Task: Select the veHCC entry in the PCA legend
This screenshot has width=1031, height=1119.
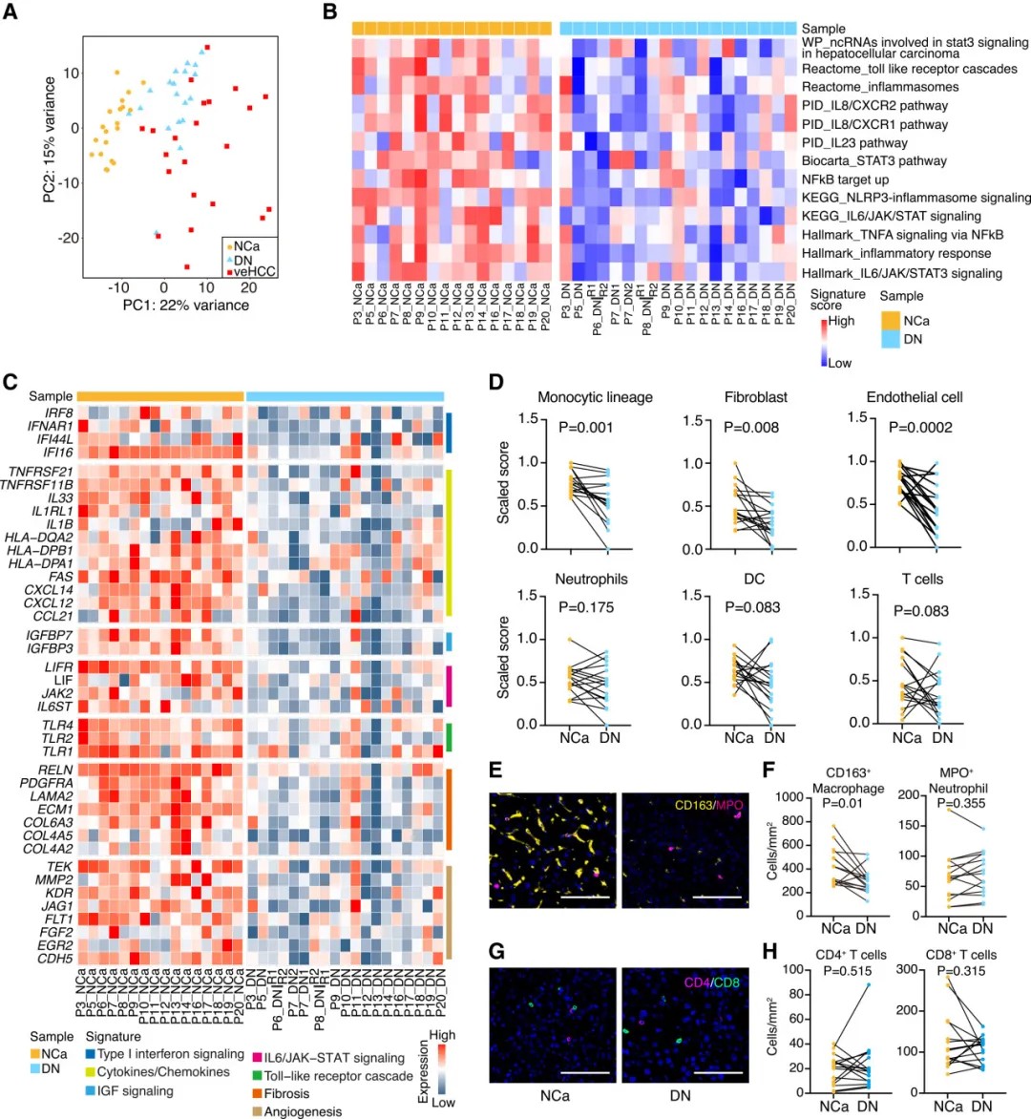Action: [254, 272]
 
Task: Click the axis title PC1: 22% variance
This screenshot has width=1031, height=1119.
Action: [185, 306]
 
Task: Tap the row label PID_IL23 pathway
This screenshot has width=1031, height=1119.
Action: [854, 142]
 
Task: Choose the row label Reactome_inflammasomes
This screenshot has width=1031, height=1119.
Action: [880, 87]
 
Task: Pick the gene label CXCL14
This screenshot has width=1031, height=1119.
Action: [50, 590]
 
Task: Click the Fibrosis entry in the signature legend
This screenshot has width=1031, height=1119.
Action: [286, 1093]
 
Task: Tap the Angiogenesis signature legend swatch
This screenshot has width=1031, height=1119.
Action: [257, 1111]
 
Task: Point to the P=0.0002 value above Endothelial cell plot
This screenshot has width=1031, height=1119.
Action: [920, 427]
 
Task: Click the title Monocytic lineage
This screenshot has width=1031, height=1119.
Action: [595, 397]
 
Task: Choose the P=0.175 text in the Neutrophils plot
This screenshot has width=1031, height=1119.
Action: [586, 607]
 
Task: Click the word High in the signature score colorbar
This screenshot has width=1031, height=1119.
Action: [841, 321]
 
